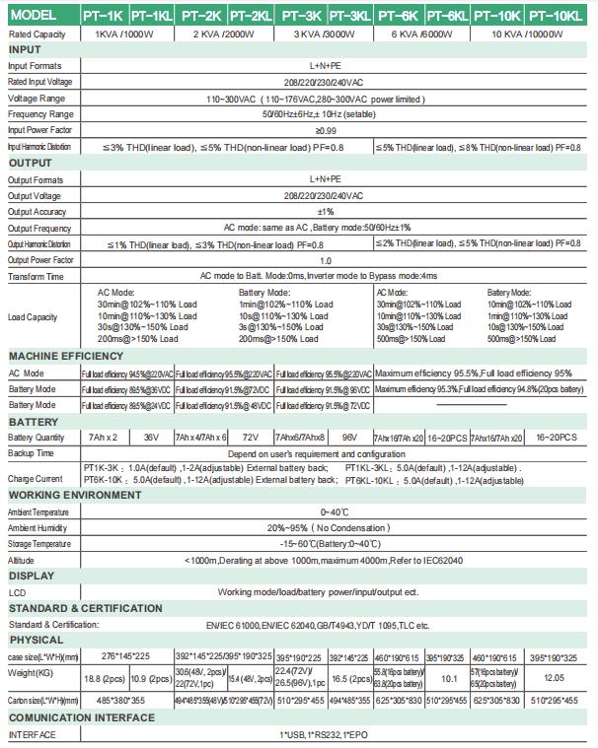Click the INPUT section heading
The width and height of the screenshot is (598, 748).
pos(25,49)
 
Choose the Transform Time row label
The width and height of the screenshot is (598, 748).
pos(37,277)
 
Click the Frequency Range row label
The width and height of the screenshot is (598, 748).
pos(41,114)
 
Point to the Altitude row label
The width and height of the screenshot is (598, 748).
pos(22,560)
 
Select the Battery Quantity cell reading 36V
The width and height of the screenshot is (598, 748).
pos(151,437)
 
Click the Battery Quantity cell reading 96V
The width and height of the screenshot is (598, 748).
pos(349,437)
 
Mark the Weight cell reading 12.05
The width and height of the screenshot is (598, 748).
pos(556,678)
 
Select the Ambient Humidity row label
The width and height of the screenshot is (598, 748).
pos(39,527)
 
